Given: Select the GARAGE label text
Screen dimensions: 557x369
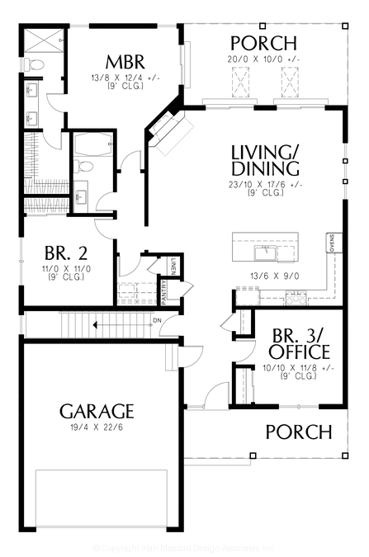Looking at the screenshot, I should point(97,410).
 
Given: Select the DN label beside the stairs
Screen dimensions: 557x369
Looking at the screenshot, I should point(157,321).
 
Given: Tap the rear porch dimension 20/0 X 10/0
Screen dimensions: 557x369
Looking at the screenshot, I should point(263,59).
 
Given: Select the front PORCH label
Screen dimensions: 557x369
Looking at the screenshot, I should point(298,432).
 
